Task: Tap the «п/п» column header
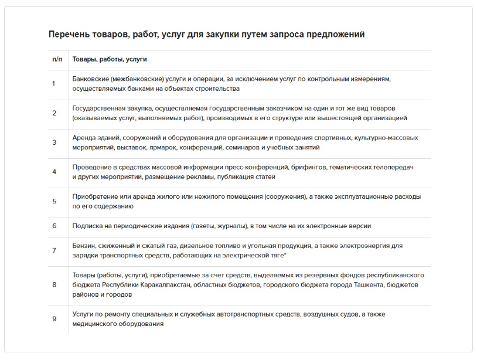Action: point(57,60)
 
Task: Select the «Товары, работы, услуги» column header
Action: point(110,60)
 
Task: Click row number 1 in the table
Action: point(54,84)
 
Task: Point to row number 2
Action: point(54,113)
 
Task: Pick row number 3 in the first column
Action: point(54,142)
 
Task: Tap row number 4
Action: point(54,172)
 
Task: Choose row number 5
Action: point(54,201)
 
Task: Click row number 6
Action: point(54,226)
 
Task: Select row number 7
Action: point(54,250)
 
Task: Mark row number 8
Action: point(54,284)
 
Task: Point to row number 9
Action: point(54,319)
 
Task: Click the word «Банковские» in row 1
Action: point(90,79)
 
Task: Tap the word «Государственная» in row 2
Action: point(98,108)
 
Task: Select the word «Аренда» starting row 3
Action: point(83,138)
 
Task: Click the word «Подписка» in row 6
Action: point(87,226)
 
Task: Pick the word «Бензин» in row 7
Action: point(83,246)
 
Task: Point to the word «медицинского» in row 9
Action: point(93,324)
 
